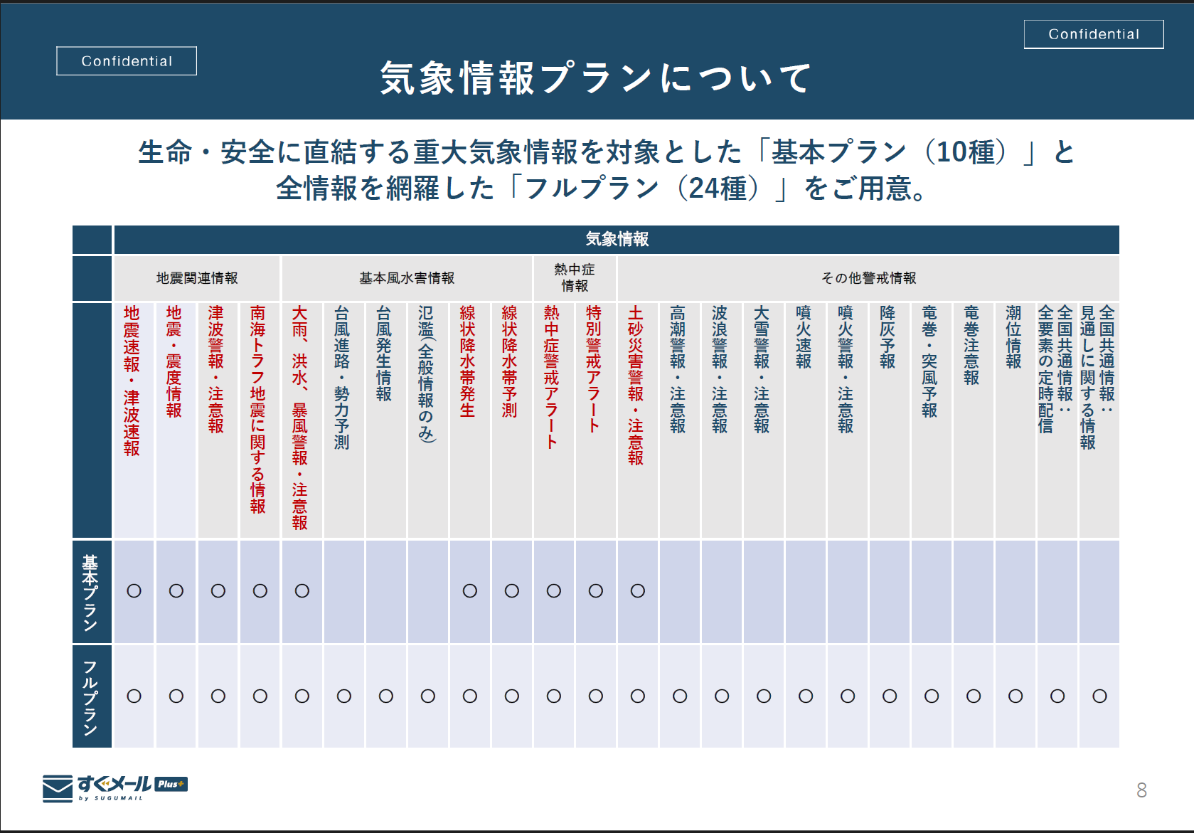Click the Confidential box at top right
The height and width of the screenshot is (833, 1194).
pyautogui.click(x=1094, y=34)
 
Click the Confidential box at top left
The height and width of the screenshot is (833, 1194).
pyautogui.click(x=127, y=61)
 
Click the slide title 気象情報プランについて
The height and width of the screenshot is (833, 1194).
pyautogui.click(x=596, y=78)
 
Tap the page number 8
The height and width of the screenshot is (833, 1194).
pyautogui.click(x=1141, y=790)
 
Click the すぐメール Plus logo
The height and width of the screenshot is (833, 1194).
pyautogui.click(x=115, y=787)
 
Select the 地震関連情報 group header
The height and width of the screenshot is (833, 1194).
pyautogui.click(x=197, y=278)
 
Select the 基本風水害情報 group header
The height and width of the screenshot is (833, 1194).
pyautogui.click(x=407, y=278)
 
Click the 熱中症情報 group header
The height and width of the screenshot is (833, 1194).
pyautogui.click(x=575, y=277)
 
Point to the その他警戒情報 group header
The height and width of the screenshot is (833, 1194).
pyautogui.click(x=868, y=278)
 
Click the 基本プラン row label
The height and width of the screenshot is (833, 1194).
pyautogui.click(x=91, y=592)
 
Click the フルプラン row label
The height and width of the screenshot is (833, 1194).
pyautogui.click(x=91, y=696)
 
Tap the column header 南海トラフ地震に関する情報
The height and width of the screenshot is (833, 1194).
pyautogui.click(x=258, y=409)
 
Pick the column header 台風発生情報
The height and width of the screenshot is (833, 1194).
pyautogui.click(x=384, y=354)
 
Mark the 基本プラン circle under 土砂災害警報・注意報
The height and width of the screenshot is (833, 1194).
pyautogui.click(x=638, y=591)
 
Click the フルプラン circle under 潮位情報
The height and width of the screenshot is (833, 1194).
pyautogui.click(x=1016, y=696)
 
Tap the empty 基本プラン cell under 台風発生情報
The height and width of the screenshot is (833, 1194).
pyautogui.click(x=386, y=592)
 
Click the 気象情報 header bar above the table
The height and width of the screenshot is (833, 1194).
pyautogui.click(x=617, y=239)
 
